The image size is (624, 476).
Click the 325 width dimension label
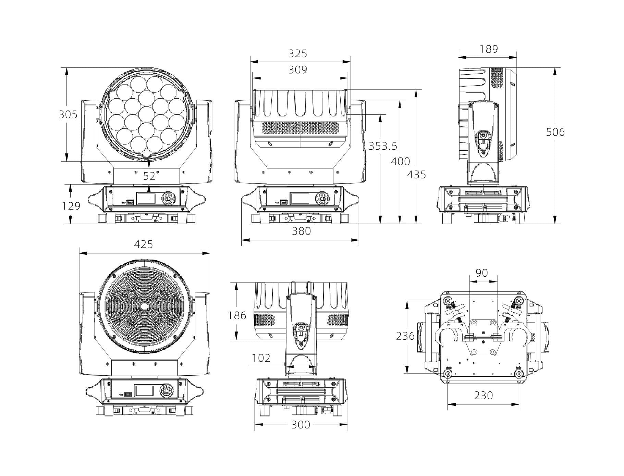[x=298, y=54]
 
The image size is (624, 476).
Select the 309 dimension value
[x=298, y=70]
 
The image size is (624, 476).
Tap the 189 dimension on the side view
[x=488, y=49]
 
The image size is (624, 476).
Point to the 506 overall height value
[x=555, y=132]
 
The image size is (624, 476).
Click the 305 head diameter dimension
[x=68, y=114]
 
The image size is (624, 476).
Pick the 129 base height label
[x=71, y=206]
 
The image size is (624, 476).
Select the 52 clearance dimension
[x=149, y=176]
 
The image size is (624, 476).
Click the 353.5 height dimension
[x=383, y=146]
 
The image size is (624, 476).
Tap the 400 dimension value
[x=401, y=161]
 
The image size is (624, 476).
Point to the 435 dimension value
[x=416, y=175]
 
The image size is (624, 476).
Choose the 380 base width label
[x=302, y=231]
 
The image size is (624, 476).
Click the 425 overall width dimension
[x=143, y=244]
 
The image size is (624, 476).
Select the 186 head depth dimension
[x=237, y=315]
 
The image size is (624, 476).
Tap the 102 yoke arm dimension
[x=261, y=358]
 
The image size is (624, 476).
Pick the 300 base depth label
[x=301, y=425]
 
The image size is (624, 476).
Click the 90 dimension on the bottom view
[x=482, y=273]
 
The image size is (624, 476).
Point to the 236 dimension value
[x=405, y=336]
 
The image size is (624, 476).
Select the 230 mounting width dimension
[x=484, y=396]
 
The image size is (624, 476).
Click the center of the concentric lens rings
[x=144, y=306]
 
